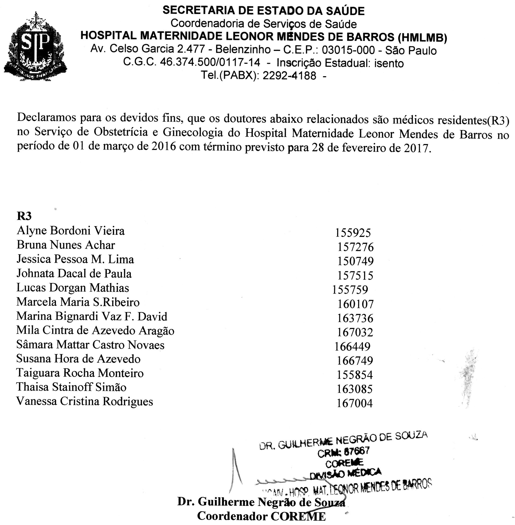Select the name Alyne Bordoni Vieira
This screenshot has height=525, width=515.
[70, 231]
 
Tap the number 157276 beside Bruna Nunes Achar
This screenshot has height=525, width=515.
[355, 247]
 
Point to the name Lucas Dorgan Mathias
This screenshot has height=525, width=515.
[72, 288]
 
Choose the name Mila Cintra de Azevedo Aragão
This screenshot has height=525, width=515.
[95, 331]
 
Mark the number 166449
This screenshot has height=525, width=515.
[352, 346]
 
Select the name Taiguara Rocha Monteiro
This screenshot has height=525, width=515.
[80, 373]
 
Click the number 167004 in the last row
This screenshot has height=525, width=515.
[355, 404]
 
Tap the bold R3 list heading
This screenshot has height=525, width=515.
[24, 216]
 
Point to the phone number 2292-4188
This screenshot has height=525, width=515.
[289, 76]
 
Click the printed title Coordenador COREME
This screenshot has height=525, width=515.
[261, 516]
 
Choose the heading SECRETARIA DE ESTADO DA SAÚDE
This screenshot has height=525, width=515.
[263, 11]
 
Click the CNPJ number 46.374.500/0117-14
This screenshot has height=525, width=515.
[210, 63]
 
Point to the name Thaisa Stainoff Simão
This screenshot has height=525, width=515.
[71, 387]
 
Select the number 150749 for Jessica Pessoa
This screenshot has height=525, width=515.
[355, 261]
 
